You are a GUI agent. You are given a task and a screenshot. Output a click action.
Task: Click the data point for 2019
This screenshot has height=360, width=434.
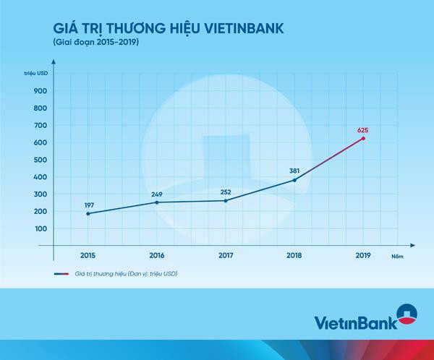pos(363,138)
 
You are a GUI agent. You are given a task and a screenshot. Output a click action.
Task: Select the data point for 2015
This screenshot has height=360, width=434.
pos(88,213)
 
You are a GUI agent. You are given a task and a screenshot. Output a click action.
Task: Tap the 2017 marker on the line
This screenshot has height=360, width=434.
pos(226,200)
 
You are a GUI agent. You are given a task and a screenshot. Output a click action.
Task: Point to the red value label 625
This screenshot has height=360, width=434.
pos(363,130)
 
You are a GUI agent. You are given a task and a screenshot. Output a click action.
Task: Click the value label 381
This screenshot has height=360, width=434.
pos(294,171)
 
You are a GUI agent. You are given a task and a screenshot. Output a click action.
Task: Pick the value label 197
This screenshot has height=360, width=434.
pos(88,205)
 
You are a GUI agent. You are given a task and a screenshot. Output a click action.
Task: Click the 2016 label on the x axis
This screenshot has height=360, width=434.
pos(156,255)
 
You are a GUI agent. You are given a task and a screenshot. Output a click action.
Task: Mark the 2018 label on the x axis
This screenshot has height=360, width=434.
pos(294,255)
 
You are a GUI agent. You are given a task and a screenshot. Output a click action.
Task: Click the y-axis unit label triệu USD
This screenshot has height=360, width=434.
pos(35,74)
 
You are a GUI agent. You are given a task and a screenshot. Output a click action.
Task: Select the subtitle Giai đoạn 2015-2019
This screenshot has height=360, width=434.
pos(95,44)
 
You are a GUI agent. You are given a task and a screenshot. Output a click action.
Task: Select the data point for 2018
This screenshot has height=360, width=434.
pos(294,180)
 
